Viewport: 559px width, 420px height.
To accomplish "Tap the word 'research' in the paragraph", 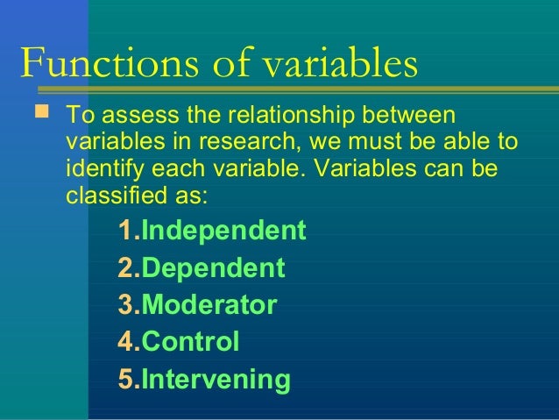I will pos(247,141).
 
